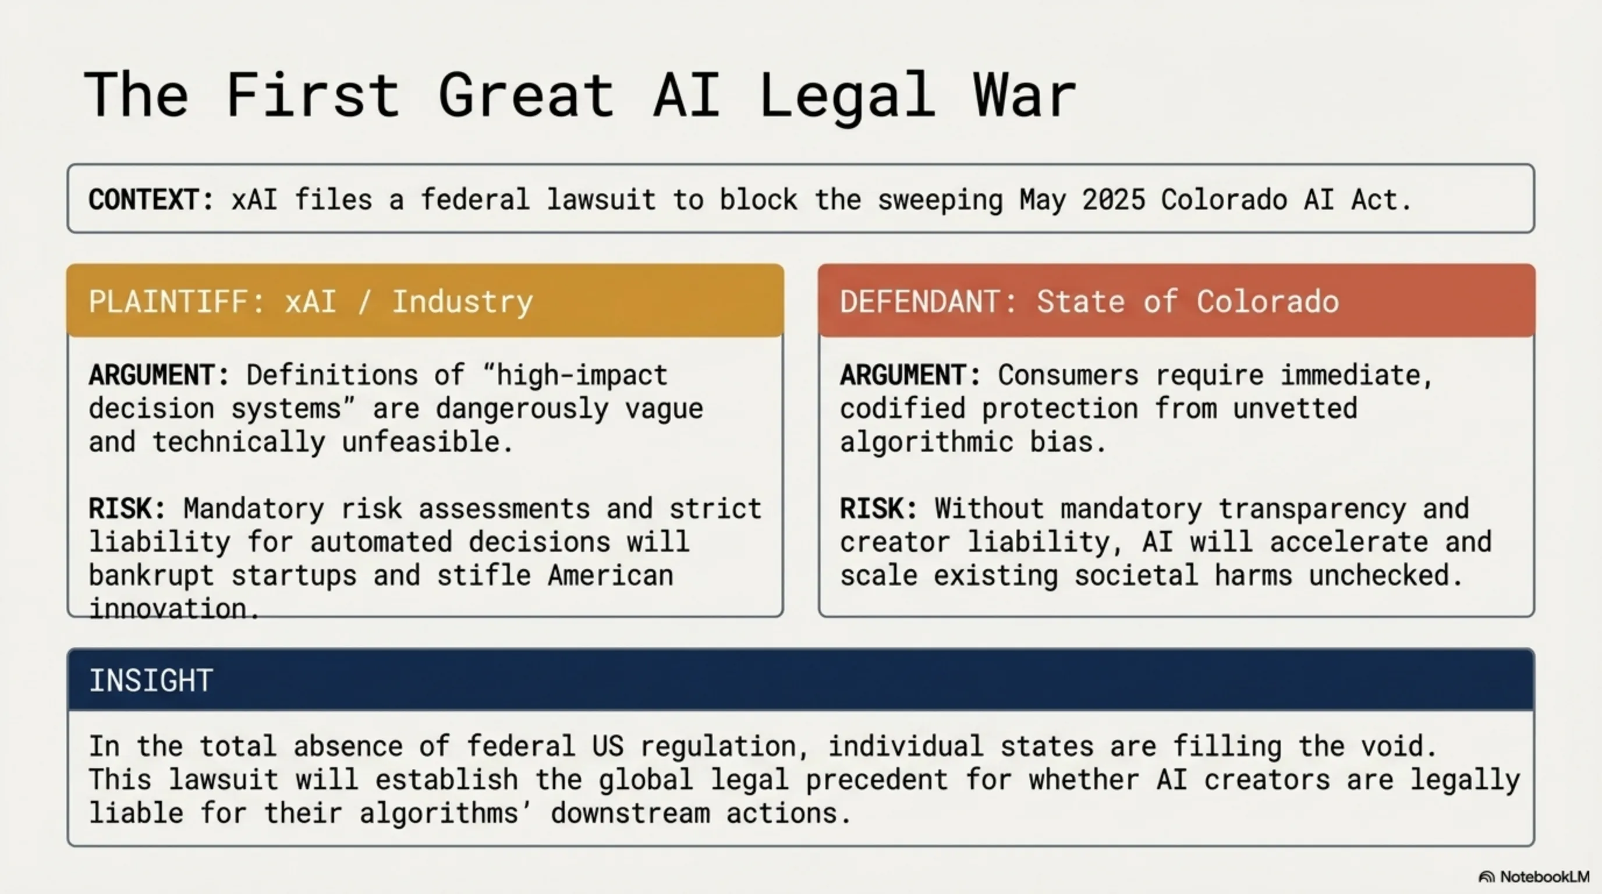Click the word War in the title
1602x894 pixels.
(x=1025, y=94)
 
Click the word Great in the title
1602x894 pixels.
(x=526, y=94)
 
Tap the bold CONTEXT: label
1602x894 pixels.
(x=151, y=200)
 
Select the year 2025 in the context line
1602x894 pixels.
(x=1113, y=200)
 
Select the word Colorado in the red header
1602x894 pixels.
(x=1267, y=301)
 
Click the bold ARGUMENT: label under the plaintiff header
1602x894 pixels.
(x=159, y=375)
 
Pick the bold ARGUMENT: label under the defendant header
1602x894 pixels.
(x=910, y=375)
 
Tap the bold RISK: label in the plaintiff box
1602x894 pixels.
(x=127, y=509)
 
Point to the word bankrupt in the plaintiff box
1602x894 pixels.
(x=151, y=575)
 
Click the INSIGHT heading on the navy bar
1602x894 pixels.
(x=151, y=680)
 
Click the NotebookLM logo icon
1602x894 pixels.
(x=1486, y=877)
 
